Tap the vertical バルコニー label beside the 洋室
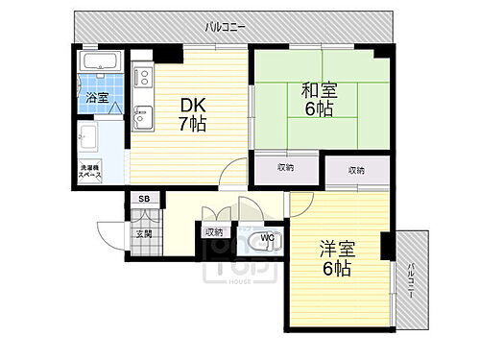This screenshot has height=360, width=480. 411,277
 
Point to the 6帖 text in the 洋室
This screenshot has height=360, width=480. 336,268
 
